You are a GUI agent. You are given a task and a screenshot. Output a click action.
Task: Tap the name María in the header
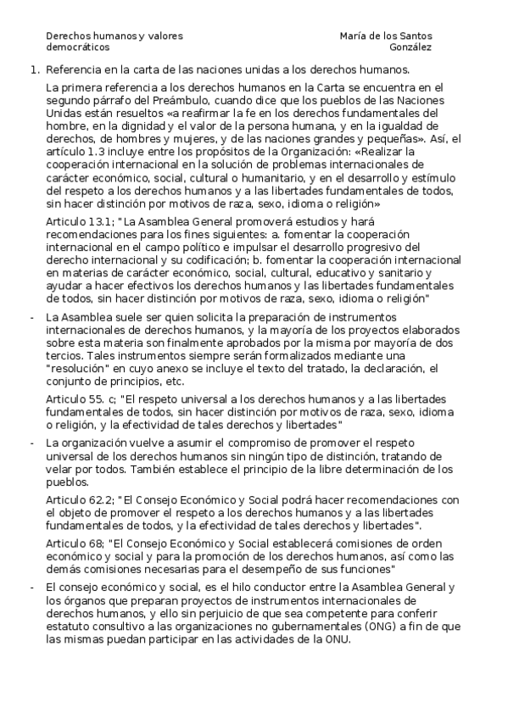tap(354, 36)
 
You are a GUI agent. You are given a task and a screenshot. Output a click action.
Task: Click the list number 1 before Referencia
tap(33, 70)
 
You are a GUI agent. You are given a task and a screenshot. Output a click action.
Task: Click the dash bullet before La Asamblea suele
tap(32, 316)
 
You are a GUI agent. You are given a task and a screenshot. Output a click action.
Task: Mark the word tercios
tap(64, 357)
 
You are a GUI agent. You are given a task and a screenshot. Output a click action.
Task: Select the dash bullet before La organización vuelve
tap(32, 443)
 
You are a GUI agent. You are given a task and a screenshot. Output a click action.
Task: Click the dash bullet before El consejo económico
tap(32, 587)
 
